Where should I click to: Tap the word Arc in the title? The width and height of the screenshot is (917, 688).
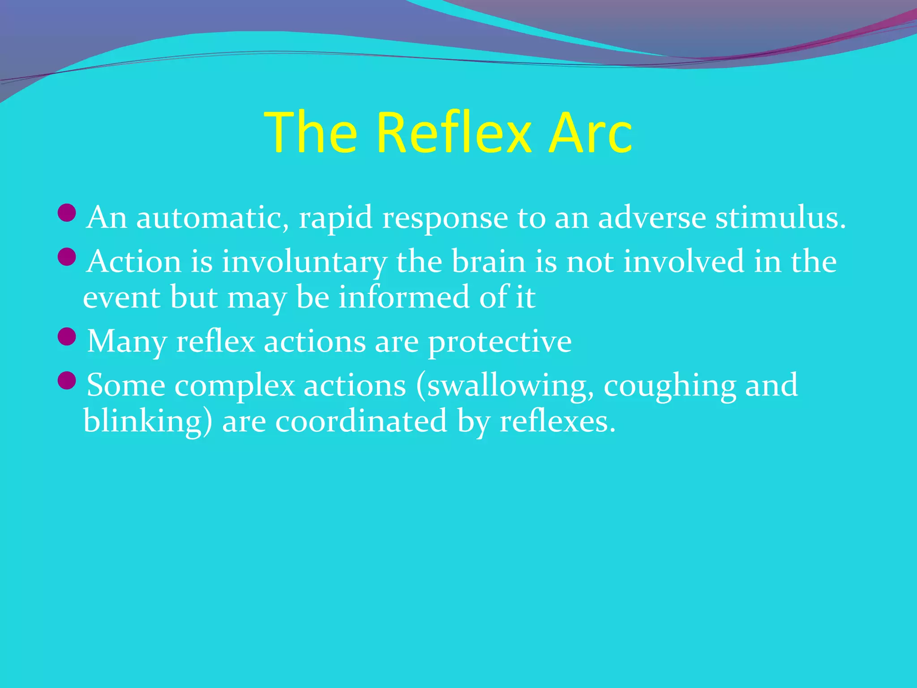(591, 133)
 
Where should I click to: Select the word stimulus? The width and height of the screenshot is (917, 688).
(780, 218)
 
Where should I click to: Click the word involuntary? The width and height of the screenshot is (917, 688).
(304, 262)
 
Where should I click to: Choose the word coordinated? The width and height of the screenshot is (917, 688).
(361, 421)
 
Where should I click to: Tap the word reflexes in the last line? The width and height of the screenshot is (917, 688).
(557, 421)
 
